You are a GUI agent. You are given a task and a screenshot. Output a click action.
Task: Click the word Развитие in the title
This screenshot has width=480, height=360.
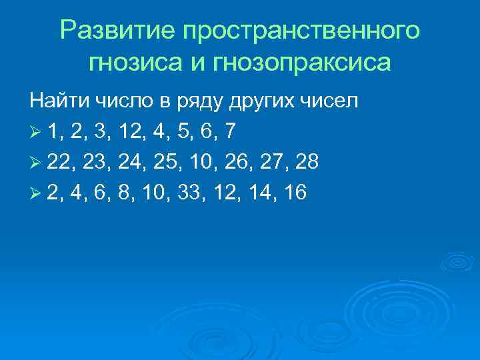point(116,31)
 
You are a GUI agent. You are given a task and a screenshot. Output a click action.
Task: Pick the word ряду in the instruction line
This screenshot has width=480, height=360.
point(200,103)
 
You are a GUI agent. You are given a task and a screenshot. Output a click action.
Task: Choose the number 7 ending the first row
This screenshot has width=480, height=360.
point(229,132)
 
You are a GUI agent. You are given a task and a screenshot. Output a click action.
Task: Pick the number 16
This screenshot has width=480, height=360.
point(294,193)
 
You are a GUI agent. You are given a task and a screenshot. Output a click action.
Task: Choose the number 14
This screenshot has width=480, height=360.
point(257,193)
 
